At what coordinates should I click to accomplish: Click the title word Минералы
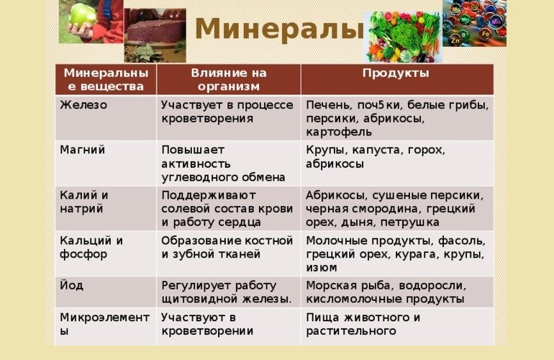coord(279,29)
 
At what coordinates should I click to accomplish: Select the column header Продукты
coord(396,73)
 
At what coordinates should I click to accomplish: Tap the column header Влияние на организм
coord(229,80)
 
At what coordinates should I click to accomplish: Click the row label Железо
coord(83,105)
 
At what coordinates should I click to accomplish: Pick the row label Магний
coord(82,150)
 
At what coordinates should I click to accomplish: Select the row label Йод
coord(71,285)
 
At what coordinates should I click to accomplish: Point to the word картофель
coord(339,132)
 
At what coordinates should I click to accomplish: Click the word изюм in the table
coord(321,268)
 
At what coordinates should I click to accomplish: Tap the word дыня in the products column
coord(360,222)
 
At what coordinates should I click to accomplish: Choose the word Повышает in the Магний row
coord(193,150)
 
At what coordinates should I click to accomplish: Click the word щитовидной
coord(199,300)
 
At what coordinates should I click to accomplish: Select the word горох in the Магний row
coord(427,150)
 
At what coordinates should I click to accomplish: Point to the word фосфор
coord(83,255)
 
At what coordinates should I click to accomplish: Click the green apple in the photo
coord(83,15)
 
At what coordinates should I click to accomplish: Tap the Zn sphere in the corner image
coord(455,40)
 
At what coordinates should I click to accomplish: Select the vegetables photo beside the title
coord(403,37)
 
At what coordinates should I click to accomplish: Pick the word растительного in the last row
coord(351,331)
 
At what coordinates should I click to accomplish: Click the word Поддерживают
coord(209,196)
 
